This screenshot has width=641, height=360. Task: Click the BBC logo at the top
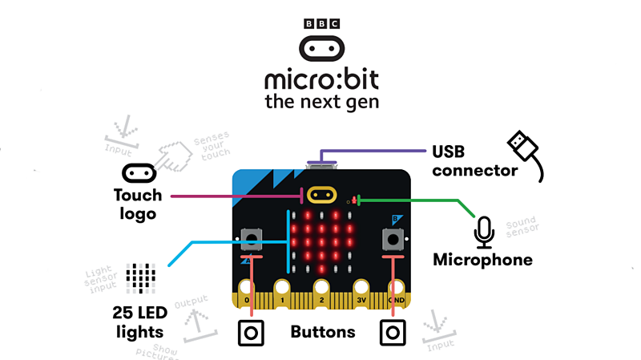pos(321,23)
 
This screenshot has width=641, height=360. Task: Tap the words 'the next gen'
pos(321,102)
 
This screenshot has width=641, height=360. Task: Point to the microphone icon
pos(483,233)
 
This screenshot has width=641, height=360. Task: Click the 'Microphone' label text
pos(482,260)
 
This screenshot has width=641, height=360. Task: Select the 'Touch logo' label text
pos(138,203)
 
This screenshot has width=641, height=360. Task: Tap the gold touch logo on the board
pos(321,195)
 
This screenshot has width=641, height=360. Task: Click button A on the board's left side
pos(252,238)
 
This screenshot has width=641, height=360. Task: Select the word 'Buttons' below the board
pos(322,331)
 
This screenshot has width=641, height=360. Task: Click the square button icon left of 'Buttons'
pos(251,332)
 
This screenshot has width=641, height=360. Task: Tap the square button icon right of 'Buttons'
pos(393,332)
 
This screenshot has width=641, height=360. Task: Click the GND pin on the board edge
pos(396,297)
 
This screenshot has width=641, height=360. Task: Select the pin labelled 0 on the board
pos(247,297)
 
